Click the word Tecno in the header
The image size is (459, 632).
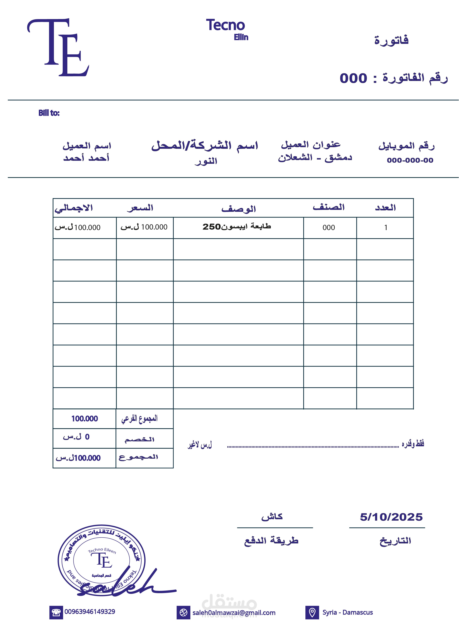(x=225, y=25)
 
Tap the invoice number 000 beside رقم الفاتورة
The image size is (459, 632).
(x=353, y=78)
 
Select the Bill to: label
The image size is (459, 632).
(x=49, y=113)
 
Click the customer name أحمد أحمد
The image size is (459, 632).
(x=86, y=158)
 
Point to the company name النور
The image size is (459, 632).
(x=206, y=161)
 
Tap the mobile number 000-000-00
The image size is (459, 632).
(x=410, y=160)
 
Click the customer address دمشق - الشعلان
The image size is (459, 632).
(x=315, y=158)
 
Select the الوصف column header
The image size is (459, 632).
(x=239, y=209)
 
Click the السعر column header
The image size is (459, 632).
(x=140, y=208)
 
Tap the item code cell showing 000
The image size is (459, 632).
(x=329, y=228)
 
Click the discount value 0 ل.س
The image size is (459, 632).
(x=76, y=437)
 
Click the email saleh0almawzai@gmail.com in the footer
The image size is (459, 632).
(x=234, y=613)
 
